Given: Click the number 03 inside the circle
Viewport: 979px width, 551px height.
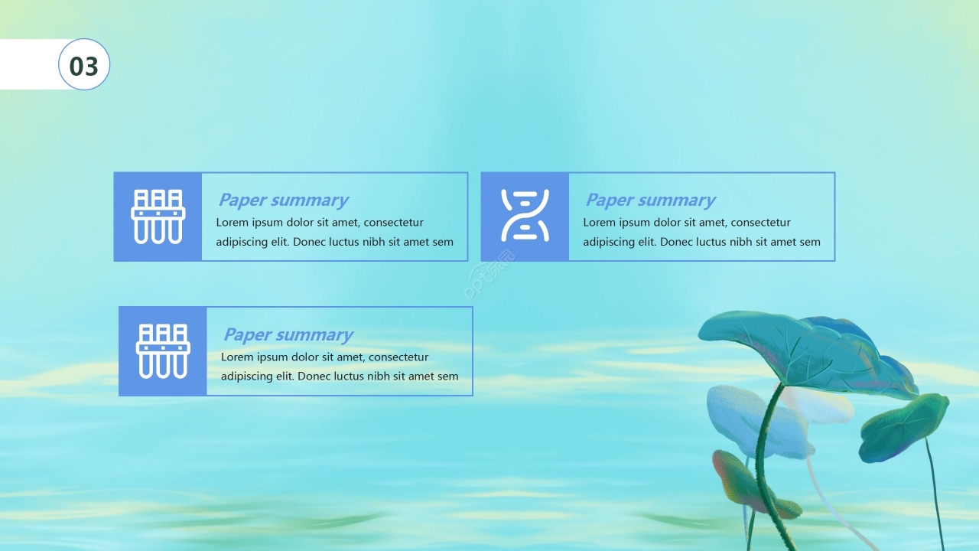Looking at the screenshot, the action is (84, 67).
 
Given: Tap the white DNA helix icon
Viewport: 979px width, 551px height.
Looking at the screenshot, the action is (525, 216).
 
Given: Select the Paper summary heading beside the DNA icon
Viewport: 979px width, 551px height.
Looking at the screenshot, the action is (650, 200).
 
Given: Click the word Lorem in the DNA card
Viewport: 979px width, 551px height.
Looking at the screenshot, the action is (599, 223).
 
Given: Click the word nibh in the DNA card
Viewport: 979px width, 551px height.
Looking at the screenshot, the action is (740, 242).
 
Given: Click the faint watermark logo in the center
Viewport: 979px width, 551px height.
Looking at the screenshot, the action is (489, 275).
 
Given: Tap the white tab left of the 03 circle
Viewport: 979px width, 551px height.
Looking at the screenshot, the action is (30, 64).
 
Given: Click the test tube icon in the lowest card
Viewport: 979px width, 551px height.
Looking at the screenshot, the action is (163, 351).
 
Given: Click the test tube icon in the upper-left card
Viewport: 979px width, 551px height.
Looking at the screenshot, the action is (158, 217).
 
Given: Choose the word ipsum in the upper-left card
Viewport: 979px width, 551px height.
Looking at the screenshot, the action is (267, 223).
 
